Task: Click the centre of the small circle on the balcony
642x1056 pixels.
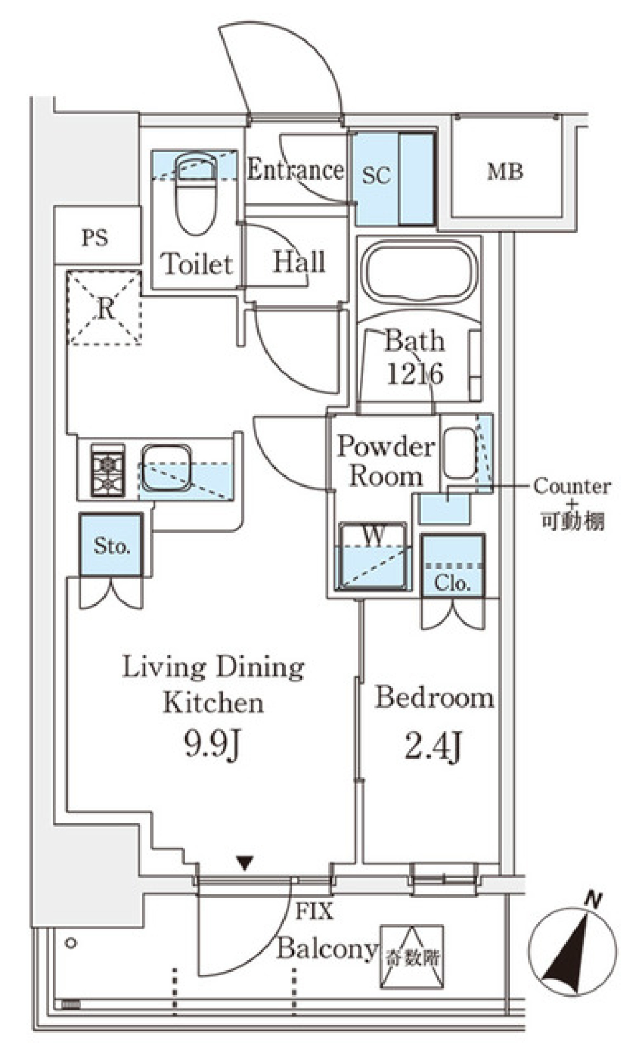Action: coord(72,943)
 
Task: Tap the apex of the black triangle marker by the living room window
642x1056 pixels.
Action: coord(245,870)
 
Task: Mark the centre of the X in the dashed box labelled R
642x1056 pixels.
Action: coord(105,308)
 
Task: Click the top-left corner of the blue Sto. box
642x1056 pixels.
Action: coord(81,514)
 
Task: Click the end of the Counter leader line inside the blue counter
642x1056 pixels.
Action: coord(447,501)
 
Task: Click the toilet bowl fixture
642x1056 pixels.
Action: coord(196,193)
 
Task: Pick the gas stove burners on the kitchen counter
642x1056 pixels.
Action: coord(108,470)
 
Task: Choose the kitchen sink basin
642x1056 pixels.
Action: coord(167,467)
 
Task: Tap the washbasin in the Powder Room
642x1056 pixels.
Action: coord(460,452)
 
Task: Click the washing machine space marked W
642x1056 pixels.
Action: coord(372,556)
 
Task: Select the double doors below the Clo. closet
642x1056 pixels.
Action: coord(453,614)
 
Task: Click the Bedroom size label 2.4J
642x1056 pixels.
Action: coord(433,746)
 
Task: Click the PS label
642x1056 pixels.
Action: coord(94,238)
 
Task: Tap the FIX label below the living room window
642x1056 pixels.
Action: coord(314,911)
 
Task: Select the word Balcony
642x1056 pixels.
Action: coord(327,949)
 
